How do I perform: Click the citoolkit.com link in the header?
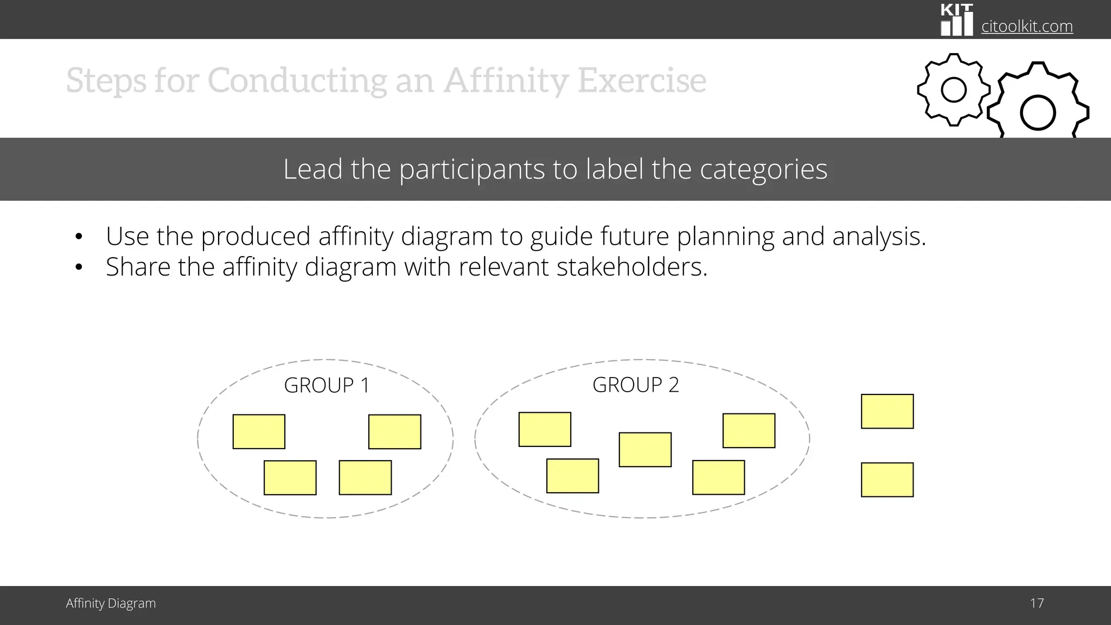(1027, 26)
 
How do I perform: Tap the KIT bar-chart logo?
(956, 20)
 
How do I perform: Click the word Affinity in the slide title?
(506, 80)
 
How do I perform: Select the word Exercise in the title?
(642, 80)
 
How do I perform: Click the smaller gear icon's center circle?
(954, 90)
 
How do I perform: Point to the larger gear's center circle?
(1037, 113)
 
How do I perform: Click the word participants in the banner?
(473, 169)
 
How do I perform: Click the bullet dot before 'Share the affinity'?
(79, 267)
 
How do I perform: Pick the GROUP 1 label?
(327, 385)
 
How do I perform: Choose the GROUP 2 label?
(635, 385)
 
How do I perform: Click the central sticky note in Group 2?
(645, 449)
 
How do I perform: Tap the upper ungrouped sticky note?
(887, 411)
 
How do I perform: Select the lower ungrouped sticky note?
(887, 480)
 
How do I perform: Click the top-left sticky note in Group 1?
(259, 431)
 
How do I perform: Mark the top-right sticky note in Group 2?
(749, 430)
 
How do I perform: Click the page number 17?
(1037, 603)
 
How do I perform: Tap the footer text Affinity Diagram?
(111, 603)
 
